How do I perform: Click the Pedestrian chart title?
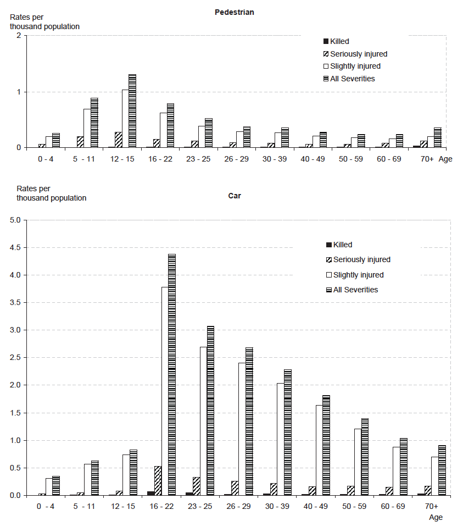pos(234,12)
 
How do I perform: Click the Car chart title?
pos(234,195)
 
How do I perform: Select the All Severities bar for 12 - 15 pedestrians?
pos(132,111)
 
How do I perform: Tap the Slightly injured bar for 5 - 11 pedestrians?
pos(87,128)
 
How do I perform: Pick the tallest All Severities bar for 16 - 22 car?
pos(171,374)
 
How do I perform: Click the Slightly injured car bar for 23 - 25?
pos(203,421)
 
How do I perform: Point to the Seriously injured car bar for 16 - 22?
pos(158,480)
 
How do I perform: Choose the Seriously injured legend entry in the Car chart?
pos(361,259)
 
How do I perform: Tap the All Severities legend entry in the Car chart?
pos(355,290)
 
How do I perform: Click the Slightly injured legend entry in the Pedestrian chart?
pos(355,66)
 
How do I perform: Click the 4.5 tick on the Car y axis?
pos(15,247)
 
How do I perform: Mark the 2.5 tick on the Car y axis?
pos(15,358)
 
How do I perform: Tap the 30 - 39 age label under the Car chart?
pos(280,506)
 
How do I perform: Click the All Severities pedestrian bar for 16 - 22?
pos(170,125)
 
